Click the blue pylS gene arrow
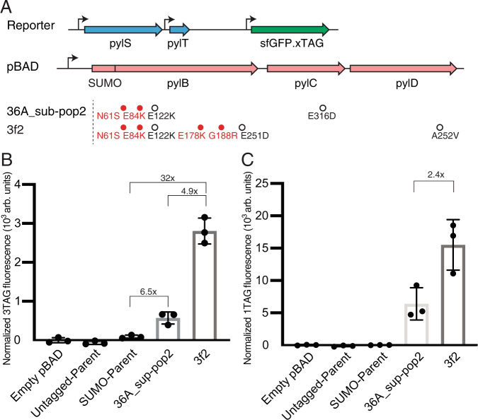pyautogui.click(x=122, y=30)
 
